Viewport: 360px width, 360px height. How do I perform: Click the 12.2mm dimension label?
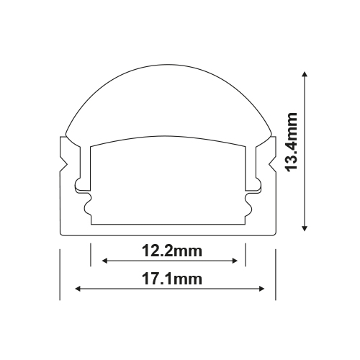click(x=172, y=251)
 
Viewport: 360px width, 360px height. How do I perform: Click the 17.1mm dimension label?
click(x=172, y=279)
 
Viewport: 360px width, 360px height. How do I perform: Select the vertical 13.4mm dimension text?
click(x=292, y=142)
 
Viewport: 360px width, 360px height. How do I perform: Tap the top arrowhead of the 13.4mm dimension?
click(x=305, y=73)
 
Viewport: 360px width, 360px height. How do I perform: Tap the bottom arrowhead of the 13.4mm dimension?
click(x=305, y=228)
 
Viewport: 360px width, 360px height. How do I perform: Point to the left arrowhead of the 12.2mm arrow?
click(x=105, y=261)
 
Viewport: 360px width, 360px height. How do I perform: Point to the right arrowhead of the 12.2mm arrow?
click(x=235, y=261)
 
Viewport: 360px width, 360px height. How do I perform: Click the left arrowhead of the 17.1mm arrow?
click(x=78, y=289)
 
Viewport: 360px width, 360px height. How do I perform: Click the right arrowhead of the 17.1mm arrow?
click(x=261, y=289)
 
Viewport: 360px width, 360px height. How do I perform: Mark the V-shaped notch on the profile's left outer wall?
click(x=63, y=164)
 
